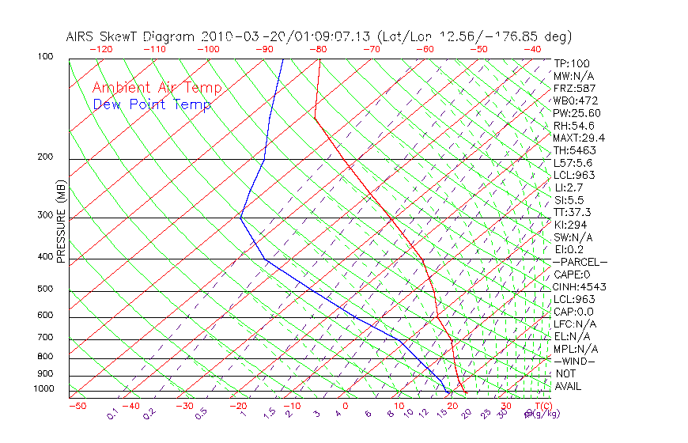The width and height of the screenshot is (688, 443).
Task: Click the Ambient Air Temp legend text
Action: [x=157, y=88]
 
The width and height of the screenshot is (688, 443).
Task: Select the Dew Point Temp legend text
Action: [x=152, y=104]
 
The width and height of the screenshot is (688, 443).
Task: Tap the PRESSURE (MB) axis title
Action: [x=60, y=221]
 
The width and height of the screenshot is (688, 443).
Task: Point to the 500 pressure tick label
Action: [x=45, y=289]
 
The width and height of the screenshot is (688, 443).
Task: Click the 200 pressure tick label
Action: [x=45, y=157]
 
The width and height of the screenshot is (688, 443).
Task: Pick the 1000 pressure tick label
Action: [x=43, y=388]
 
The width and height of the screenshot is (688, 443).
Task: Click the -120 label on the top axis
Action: [x=100, y=49]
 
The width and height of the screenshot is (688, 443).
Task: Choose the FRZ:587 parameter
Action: [x=575, y=88]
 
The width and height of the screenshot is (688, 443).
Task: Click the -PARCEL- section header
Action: [x=580, y=262]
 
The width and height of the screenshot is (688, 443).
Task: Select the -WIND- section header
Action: [x=574, y=361]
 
